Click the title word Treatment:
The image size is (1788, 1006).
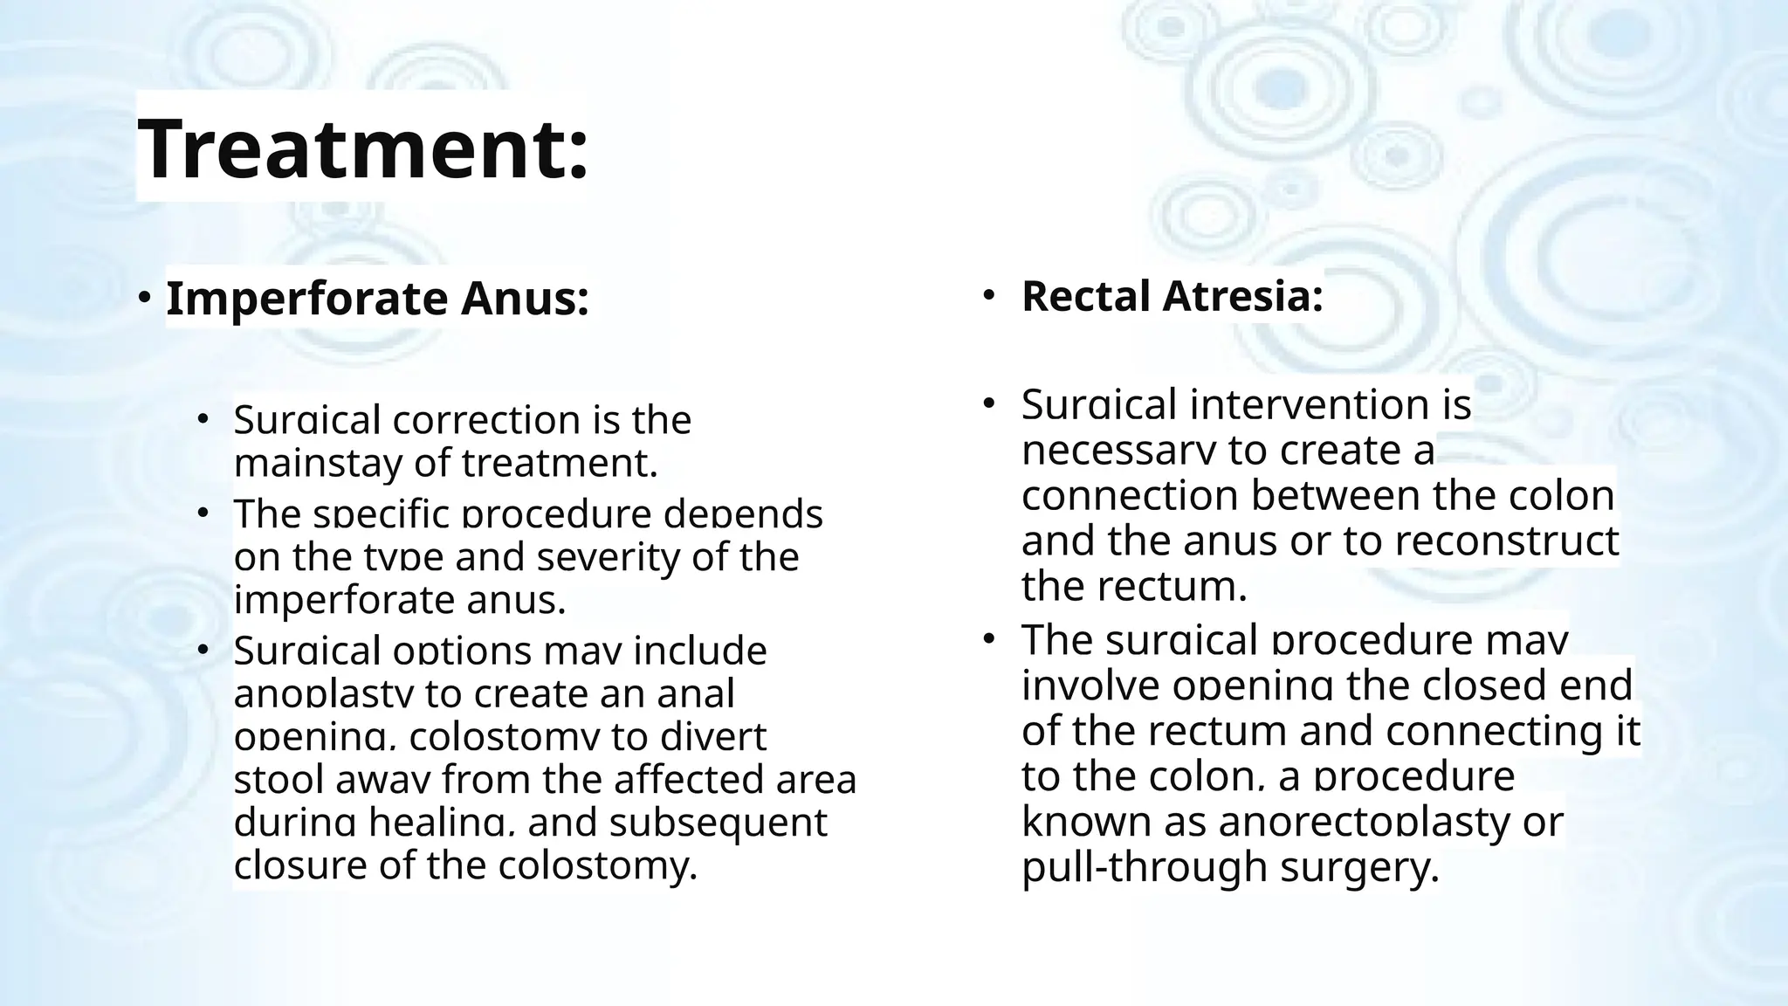tap(362, 148)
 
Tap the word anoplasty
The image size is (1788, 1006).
tap(323, 694)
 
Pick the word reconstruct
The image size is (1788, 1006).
tap(1507, 541)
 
